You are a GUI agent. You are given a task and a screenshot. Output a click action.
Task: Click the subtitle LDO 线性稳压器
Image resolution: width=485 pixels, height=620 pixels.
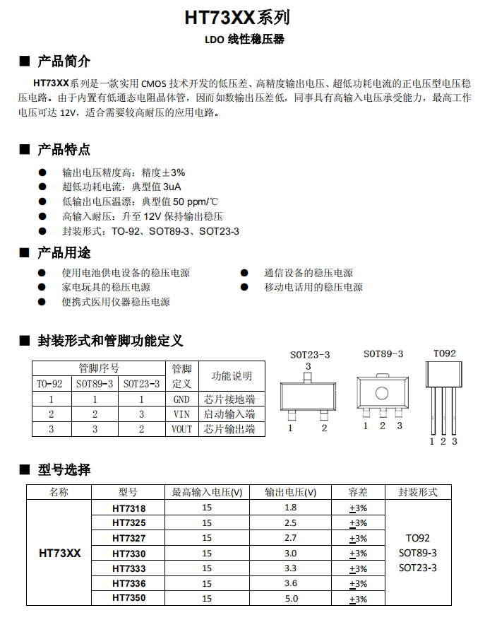(244, 40)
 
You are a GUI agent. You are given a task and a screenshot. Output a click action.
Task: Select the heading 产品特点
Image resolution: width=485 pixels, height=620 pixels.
(64, 149)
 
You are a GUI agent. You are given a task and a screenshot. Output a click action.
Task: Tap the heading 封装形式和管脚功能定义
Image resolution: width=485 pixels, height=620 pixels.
(110, 341)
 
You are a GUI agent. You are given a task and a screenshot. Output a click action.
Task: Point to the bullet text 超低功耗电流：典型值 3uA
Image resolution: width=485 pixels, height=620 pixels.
(121, 187)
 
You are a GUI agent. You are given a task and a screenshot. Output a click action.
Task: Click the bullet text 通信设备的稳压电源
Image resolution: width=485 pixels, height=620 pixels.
(309, 273)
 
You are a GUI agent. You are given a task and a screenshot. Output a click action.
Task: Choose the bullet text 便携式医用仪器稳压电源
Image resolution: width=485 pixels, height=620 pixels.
(116, 302)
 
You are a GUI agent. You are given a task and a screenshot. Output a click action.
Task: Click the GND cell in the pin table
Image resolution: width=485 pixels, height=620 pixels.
(181, 399)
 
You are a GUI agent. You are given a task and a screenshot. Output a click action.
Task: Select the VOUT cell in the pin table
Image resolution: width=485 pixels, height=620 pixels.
(181, 429)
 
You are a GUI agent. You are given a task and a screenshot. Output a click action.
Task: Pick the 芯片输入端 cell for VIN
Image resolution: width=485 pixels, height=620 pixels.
(229, 414)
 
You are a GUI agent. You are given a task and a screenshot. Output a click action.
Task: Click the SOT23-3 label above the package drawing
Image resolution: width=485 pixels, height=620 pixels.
(310, 354)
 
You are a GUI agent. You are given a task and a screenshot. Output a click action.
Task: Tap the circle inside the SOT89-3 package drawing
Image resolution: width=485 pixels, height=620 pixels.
(382, 393)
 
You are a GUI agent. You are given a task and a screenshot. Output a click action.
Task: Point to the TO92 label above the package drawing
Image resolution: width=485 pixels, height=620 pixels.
(445, 353)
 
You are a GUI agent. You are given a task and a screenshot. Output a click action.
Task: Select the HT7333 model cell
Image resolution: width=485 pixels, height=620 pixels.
(128, 568)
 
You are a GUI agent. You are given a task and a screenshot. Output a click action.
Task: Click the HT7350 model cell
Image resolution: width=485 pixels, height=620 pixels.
(128, 598)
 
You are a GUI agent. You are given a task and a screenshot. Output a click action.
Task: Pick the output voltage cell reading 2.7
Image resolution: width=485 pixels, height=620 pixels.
(290, 538)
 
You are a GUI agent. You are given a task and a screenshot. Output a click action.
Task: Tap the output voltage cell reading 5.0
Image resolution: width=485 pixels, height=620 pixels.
(290, 598)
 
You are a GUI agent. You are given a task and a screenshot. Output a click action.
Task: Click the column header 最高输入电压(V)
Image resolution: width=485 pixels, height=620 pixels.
(207, 492)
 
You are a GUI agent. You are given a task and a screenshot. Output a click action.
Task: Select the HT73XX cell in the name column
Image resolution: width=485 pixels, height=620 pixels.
(59, 553)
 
